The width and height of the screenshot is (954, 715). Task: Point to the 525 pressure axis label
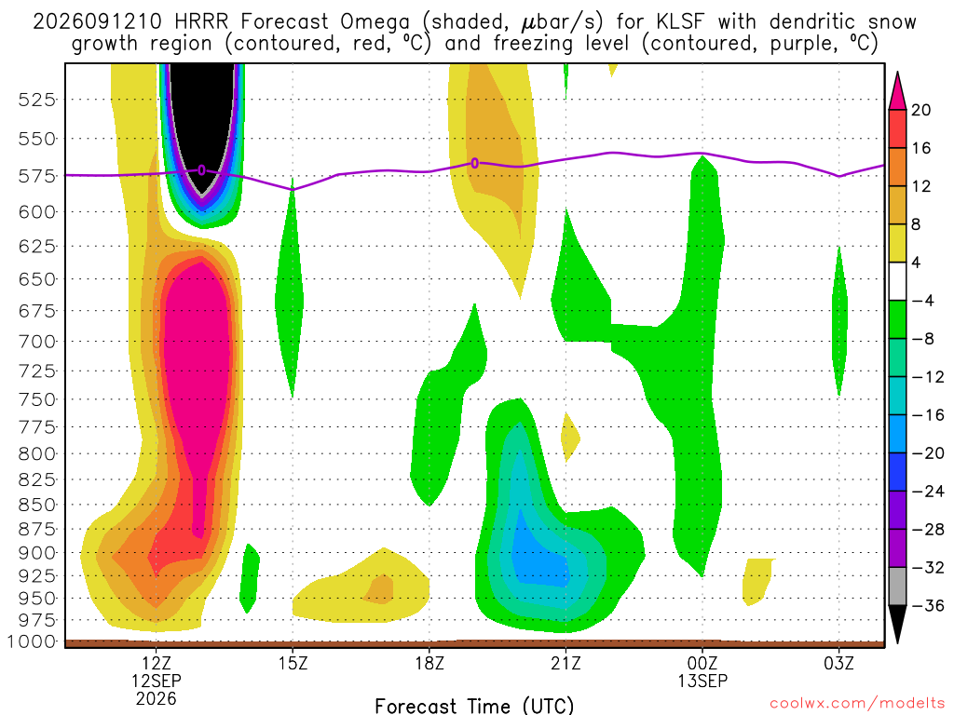click(x=37, y=99)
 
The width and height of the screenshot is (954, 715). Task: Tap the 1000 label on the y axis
click(x=32, y=641)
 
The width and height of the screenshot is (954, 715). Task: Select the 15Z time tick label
click(x=293, y=663)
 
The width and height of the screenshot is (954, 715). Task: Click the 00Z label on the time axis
click(x=702, y=663)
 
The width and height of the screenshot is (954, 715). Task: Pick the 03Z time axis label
click(x=839, y=663)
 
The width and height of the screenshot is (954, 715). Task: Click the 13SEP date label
click(x=702, y=681)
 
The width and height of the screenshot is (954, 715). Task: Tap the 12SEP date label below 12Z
click(x=157, y=681)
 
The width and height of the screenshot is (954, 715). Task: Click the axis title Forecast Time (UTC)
click(x=474, y=706)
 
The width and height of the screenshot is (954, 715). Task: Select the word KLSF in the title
click(x=680, y=22)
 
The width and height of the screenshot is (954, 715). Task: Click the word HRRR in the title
click(x=201, y=22)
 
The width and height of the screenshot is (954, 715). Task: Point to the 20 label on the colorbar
click(x=920, y=110)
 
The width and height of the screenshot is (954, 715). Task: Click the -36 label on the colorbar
click(x=927, y=605)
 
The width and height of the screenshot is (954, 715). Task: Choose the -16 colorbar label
click(x=927, y=415)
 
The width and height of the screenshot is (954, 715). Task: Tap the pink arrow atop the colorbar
click(x=897, y=91)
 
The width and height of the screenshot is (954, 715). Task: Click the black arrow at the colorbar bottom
click(x=897, y=623)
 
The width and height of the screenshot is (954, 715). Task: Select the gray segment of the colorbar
click(x=897, y=587)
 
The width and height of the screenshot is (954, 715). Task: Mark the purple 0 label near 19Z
click(x=474, y=163)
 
